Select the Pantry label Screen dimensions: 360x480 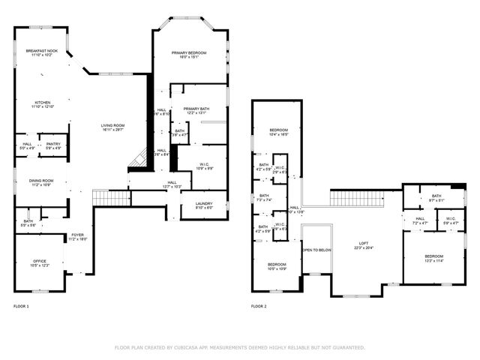click(53, 144)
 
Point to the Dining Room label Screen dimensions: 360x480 click(40, 181)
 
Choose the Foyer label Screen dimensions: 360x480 click(78, 235)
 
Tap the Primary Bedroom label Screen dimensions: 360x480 click(189, 53)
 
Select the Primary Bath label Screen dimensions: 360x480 click(196, 109)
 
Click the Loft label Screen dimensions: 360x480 click(363, 244)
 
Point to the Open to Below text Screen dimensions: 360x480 click(316, 250)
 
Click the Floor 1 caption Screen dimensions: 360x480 click(21, 307)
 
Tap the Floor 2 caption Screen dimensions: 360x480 click(259, 307)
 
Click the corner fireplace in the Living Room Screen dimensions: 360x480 click(136, 159)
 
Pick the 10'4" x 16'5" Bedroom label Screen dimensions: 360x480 click(279, 130)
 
